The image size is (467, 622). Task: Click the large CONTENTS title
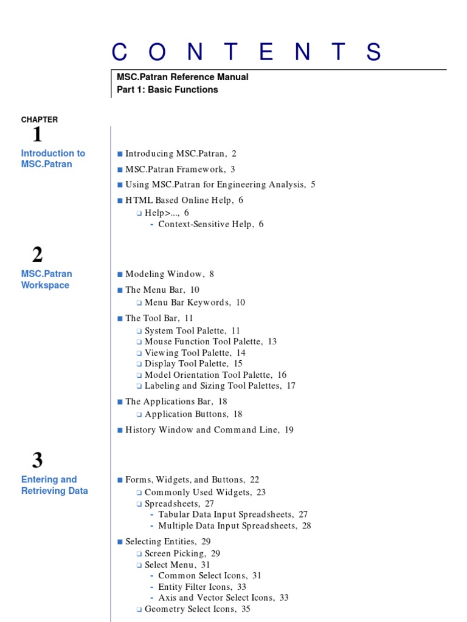coord(247,53)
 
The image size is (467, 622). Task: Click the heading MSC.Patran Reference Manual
coord(182,77)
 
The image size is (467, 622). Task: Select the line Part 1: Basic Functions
coord(167,89)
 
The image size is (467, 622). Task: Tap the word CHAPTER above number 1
coord(40,120)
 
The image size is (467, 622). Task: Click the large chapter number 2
coord(38,255)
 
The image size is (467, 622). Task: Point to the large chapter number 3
coord(38,460)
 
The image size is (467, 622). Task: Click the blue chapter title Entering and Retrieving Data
coord(55,485)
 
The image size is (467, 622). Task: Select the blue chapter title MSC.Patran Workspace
coord(46,279)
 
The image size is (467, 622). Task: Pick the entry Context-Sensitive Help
coord(206,224)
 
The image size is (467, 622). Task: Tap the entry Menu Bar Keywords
coord(187,302)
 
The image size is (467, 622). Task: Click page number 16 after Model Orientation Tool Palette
coord(282,375)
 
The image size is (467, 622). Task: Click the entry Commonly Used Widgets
coord(198,492)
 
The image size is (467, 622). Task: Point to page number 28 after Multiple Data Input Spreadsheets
coord(306,525)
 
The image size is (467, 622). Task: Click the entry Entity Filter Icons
coord(195,587)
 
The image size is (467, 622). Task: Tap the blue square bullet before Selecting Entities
coord(120,541)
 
